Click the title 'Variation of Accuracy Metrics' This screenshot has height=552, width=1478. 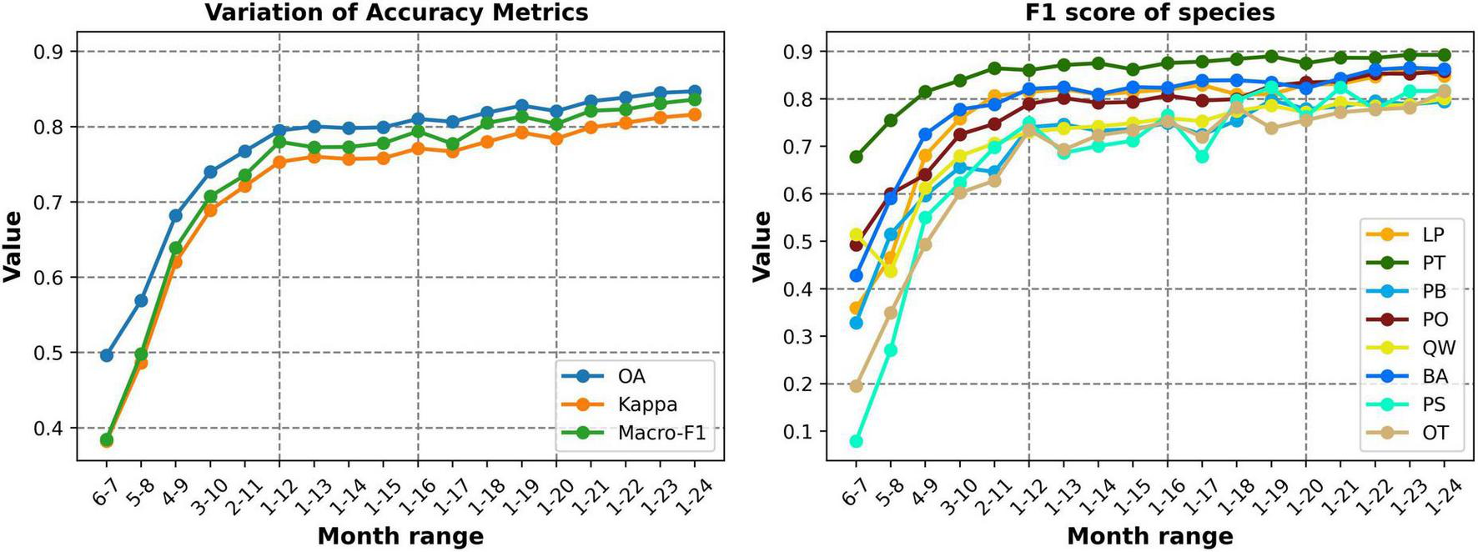pos(396,13)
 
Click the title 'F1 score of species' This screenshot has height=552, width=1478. pos(1150,13)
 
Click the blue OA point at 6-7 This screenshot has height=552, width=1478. pos(107,355)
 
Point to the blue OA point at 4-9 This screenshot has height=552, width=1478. pos(176,215)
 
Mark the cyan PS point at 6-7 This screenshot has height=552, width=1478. pos(856,441)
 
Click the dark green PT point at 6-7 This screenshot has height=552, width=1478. pos(856,157)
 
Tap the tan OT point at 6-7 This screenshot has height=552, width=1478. pos(856,386)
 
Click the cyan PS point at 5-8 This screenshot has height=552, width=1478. pos(891,350)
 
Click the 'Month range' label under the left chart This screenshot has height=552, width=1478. pos(400,535)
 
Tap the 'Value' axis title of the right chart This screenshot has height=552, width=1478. pos(762,246)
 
